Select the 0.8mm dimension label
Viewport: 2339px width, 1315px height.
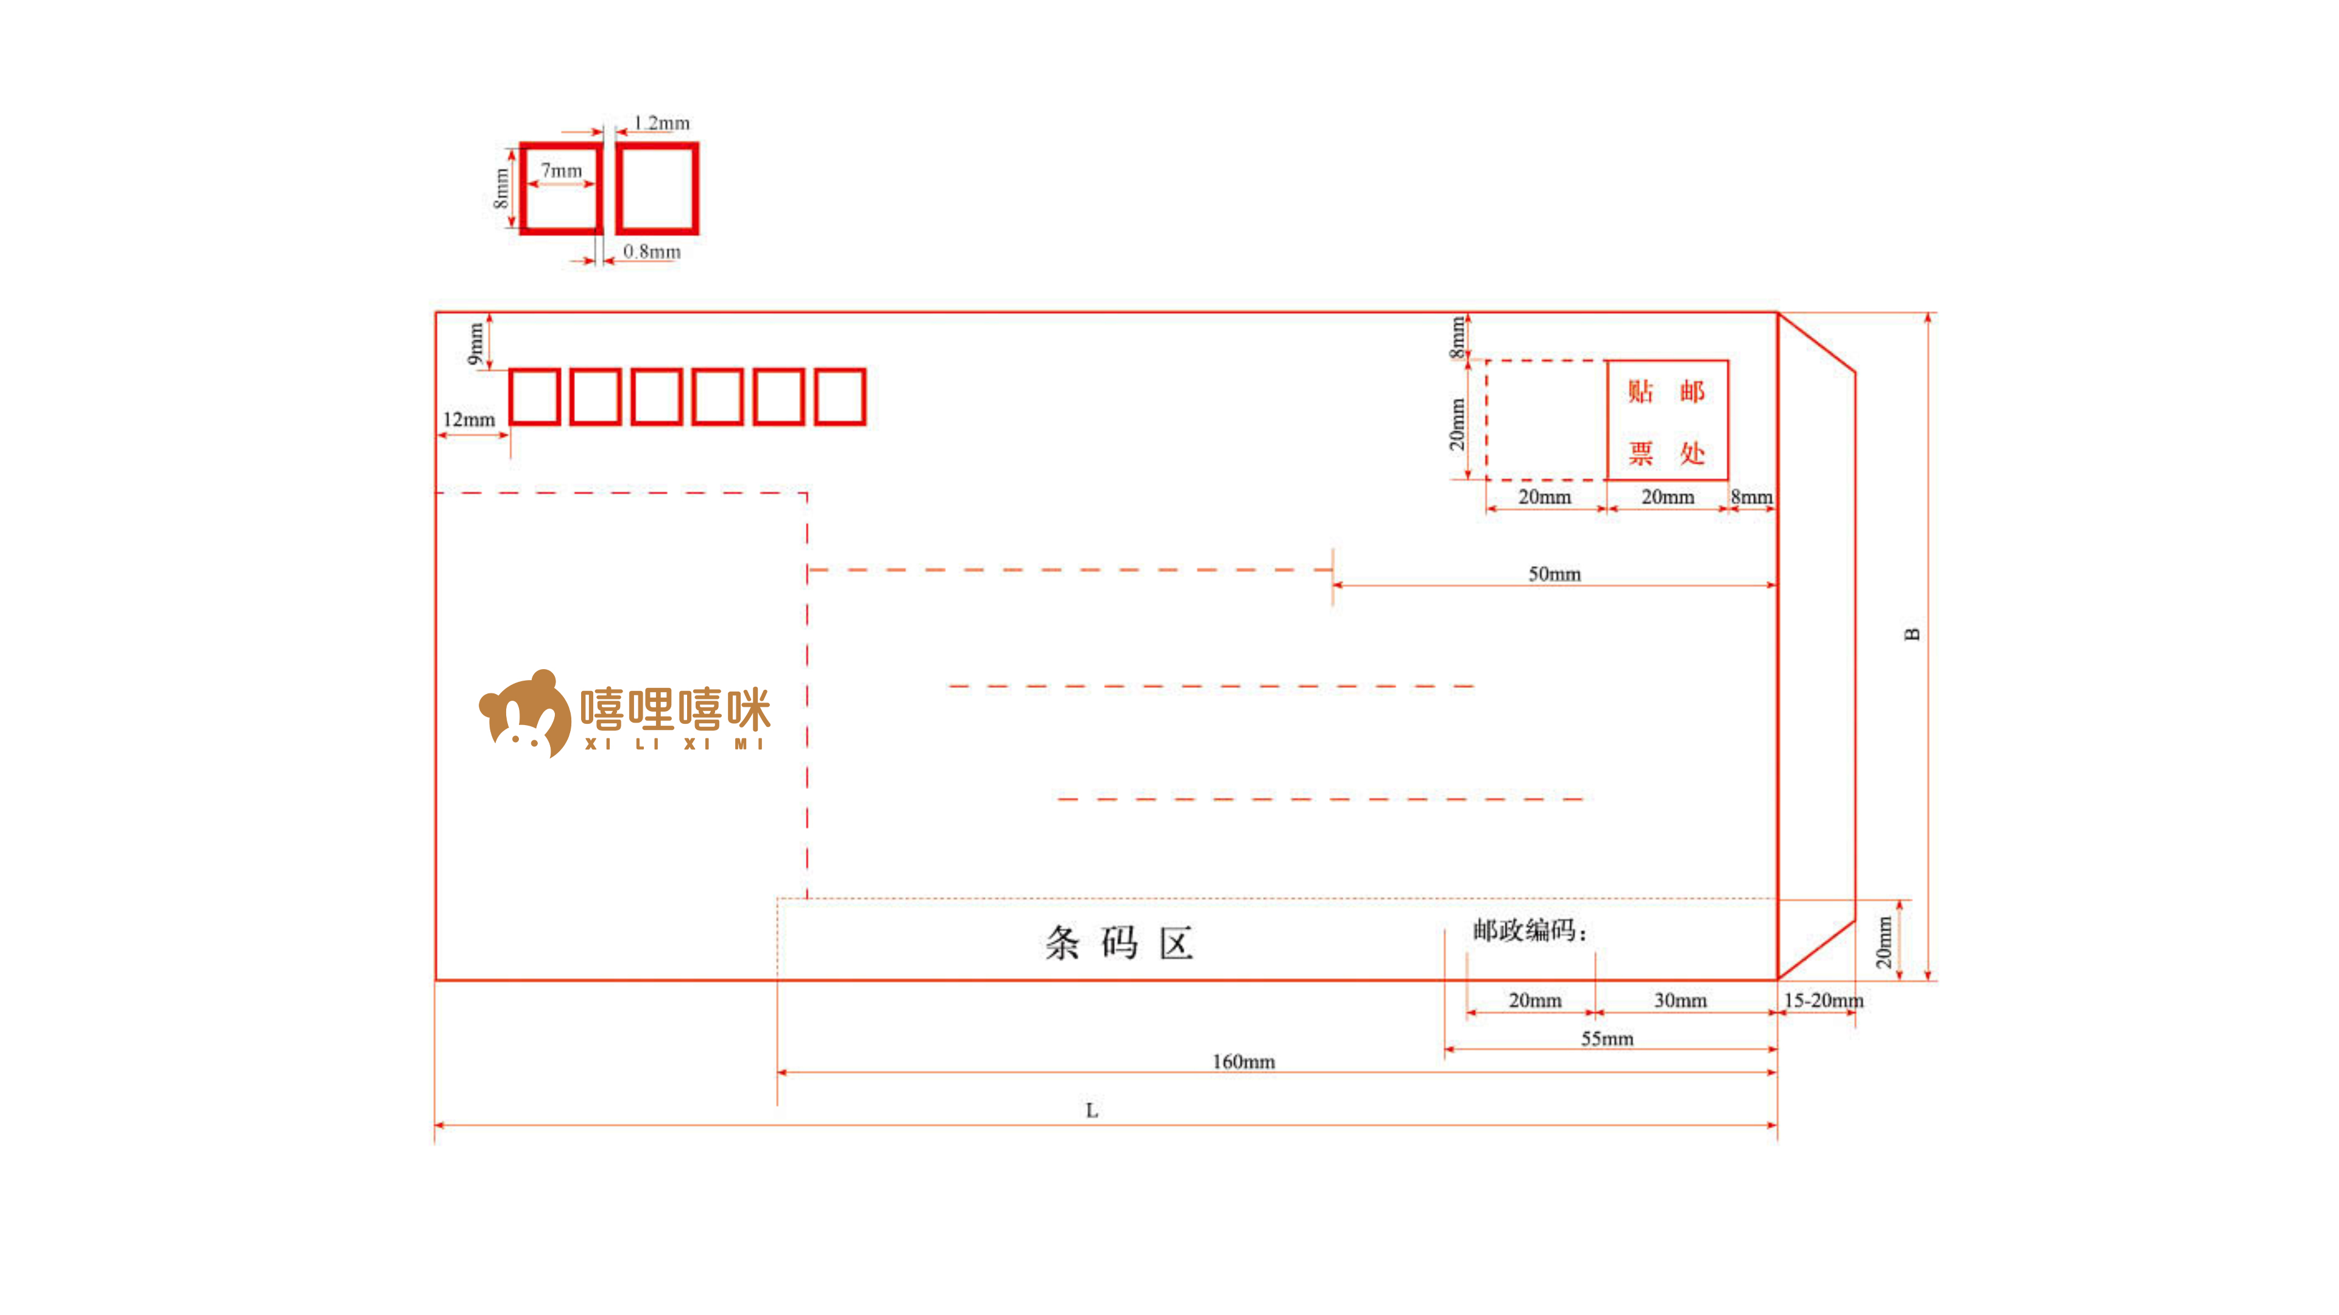point(651,251)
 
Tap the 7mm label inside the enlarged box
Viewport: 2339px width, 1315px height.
point(561,170)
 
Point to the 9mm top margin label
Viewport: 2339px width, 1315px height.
point(476,343)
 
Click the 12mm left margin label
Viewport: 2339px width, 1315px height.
point(468,419)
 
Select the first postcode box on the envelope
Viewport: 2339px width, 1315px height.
point(534,396)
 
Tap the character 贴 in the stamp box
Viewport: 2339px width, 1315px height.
point(1640,391)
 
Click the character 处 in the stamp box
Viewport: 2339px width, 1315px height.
point(1692,452)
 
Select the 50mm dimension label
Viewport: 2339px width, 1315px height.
point(1554,573)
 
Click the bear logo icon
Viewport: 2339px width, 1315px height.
point(525,714)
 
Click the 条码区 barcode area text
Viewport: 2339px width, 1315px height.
point(1119,943)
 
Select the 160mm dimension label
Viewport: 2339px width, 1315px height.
point(1243,1061)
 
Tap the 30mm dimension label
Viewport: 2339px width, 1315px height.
point(1680,1000)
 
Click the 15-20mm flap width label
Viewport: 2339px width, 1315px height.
point(1823,1000)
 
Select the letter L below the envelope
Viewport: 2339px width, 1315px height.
point(1092,1110)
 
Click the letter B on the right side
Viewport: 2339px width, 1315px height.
point(1911,634)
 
